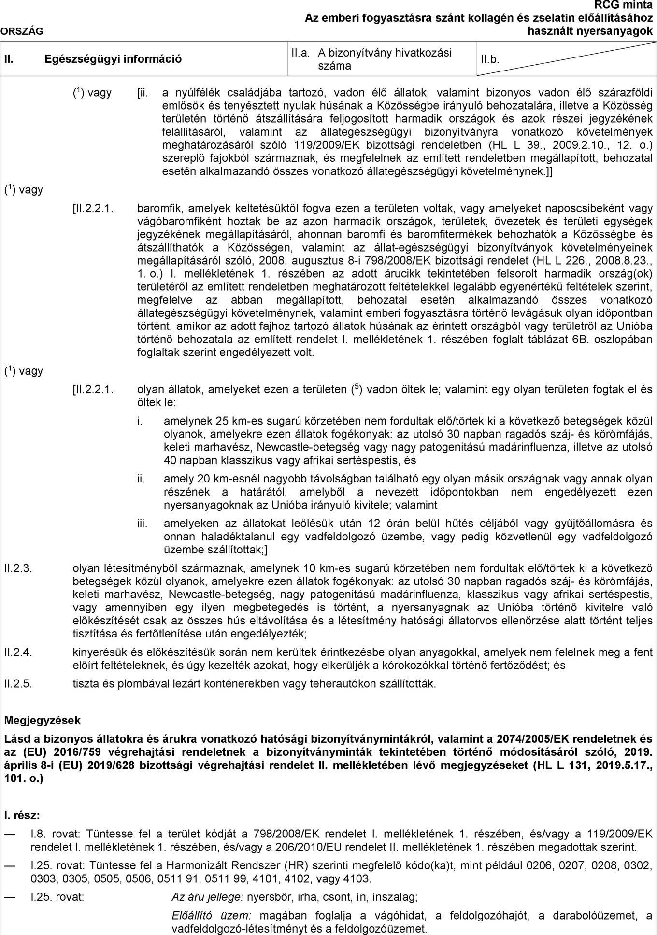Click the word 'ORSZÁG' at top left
coord(22,31)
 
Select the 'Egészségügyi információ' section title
coord(113,59)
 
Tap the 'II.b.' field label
coord(489,60)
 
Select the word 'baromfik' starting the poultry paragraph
coord(155,209)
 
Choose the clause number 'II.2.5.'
coord(18,684)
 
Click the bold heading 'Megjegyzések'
coord(42,721)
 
